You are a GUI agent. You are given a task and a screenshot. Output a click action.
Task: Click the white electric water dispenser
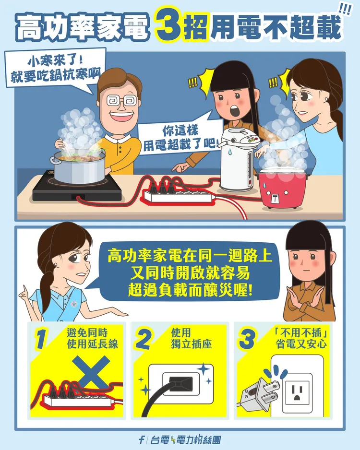coord(237,159)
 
